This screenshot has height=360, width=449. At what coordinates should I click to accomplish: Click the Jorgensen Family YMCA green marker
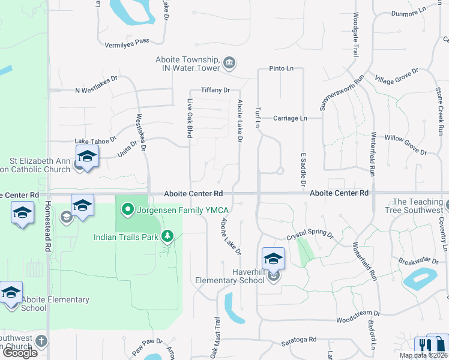pyautogui.click(x=127, y=210)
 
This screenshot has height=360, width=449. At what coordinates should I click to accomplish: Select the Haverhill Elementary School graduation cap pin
pyautogui.click(x=273, y=258)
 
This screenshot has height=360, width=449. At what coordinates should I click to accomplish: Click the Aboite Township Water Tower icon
pyautogui.click(x=229, y=63)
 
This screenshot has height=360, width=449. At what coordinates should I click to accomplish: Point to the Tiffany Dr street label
pyautogui.click(x=215, y=90)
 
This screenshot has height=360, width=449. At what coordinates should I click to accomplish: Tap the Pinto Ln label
pyautogui.click(x=281, y=68)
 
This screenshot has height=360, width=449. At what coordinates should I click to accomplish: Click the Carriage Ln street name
pyautogui.click(x=290, y=118)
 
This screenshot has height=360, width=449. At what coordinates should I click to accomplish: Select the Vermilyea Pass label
pyautogui.click(x=127, y=41)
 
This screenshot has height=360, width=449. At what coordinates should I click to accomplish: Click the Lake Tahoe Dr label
pyautogui.click(x=95, y=140)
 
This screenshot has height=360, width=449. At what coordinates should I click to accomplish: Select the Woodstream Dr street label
pyautogui.click(x=358, y=313)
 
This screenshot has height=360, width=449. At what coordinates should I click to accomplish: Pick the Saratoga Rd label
pyautogui.click(x=298, y=340)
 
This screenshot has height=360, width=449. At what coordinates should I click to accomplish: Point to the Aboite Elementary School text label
pyautogui.click(x=55, y=304)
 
